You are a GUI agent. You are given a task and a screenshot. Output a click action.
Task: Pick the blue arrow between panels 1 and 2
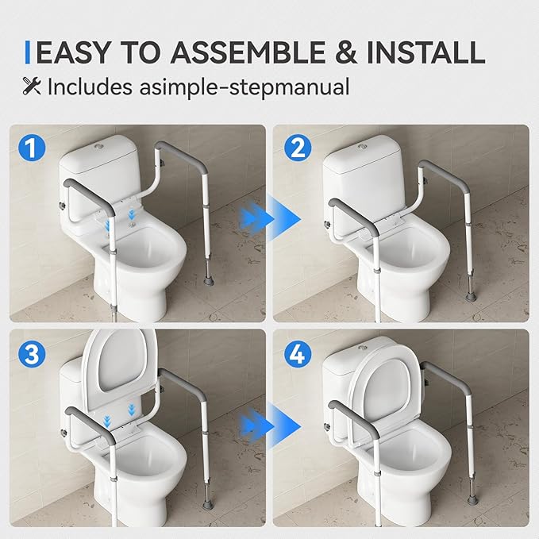point(268,214)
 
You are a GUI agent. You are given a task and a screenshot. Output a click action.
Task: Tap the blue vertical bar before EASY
point(29,52)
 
